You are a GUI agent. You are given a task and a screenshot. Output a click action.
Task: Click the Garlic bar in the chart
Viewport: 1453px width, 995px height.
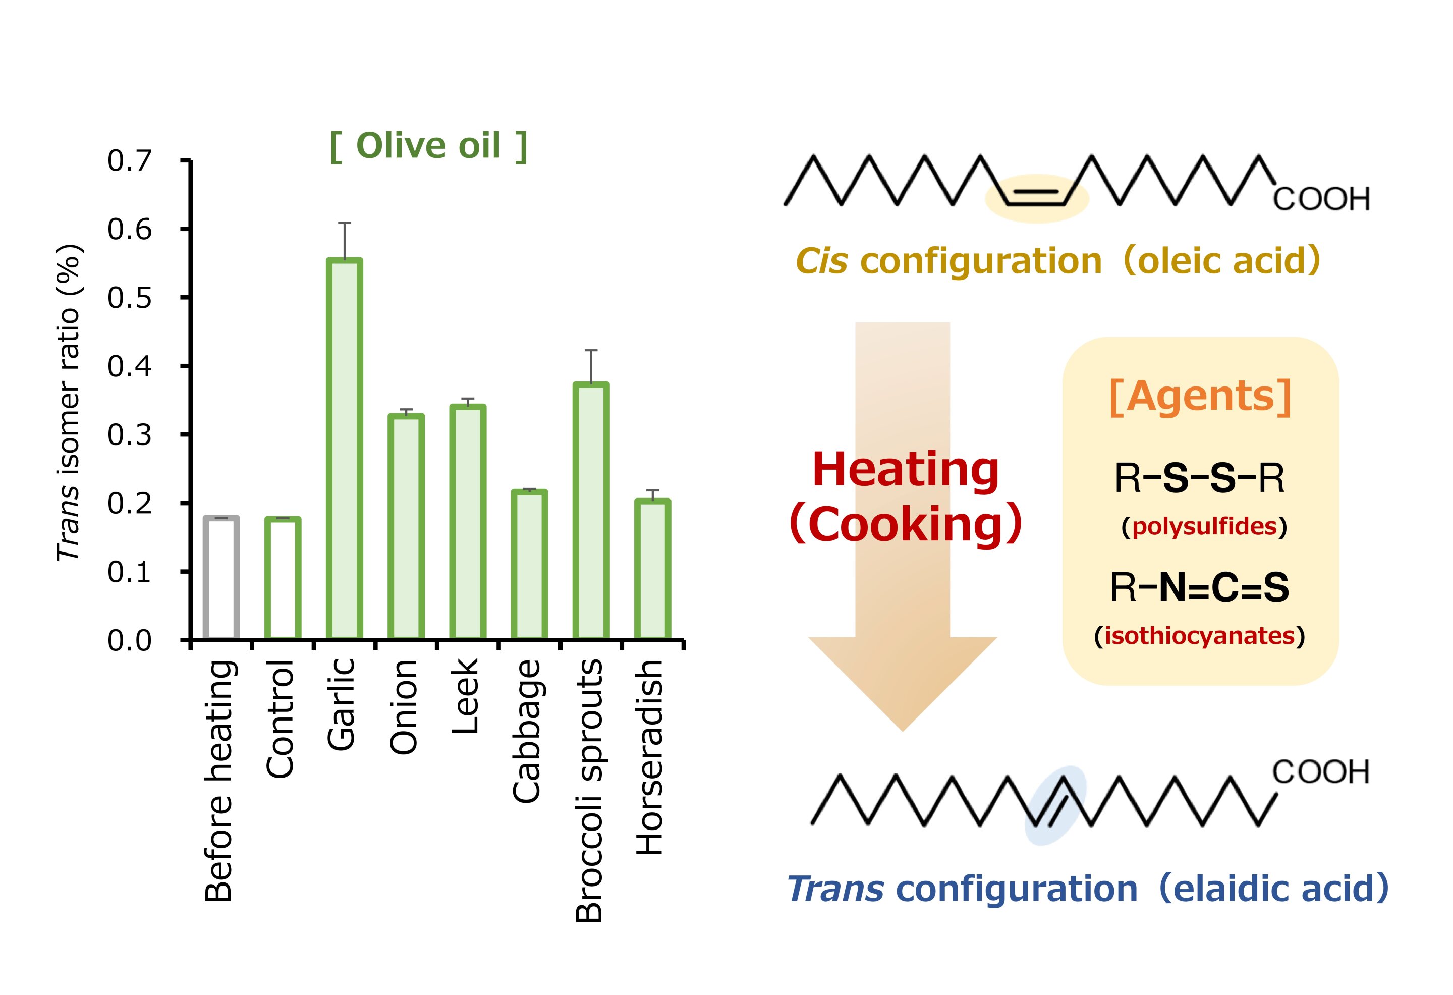click(345, 449)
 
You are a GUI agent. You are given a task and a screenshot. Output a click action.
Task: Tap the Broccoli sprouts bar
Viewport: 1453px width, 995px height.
click(591, 511)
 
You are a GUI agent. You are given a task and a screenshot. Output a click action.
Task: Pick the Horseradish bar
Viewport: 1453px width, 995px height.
click(653, 569)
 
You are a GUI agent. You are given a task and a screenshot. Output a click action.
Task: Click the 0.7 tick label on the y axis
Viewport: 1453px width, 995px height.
click(130, 161)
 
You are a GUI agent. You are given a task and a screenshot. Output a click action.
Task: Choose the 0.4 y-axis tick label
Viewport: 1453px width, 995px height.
click(130, 366)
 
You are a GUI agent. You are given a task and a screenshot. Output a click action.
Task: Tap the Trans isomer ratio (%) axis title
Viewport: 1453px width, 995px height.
click(69, 403)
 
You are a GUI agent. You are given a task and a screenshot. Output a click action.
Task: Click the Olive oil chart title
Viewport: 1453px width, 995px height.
click(429, 146)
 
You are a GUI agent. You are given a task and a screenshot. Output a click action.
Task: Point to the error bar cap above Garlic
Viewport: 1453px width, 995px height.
click(345, 223)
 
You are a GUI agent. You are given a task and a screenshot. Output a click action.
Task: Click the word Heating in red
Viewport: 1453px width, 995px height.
click(905, 470)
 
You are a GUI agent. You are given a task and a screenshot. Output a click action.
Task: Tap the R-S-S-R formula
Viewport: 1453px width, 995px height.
click(1199, 478)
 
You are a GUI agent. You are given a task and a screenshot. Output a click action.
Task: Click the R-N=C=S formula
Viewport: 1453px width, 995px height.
click(1199, 588)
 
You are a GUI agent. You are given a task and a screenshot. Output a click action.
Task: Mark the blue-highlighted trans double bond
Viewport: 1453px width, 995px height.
click(1055, 805)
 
